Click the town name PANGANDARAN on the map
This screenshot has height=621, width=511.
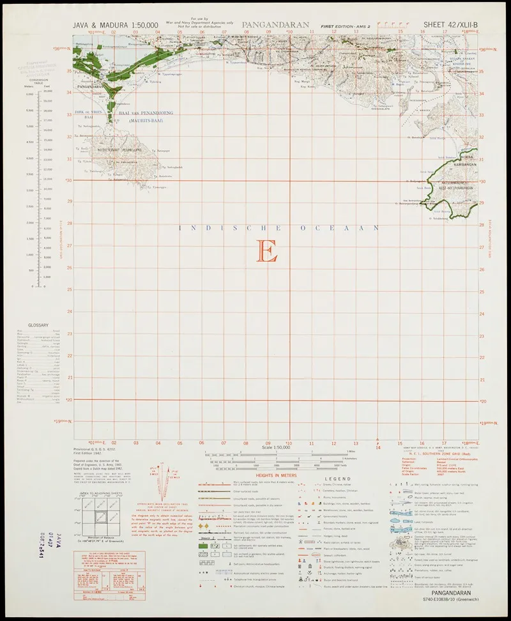[x=89, y=86]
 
